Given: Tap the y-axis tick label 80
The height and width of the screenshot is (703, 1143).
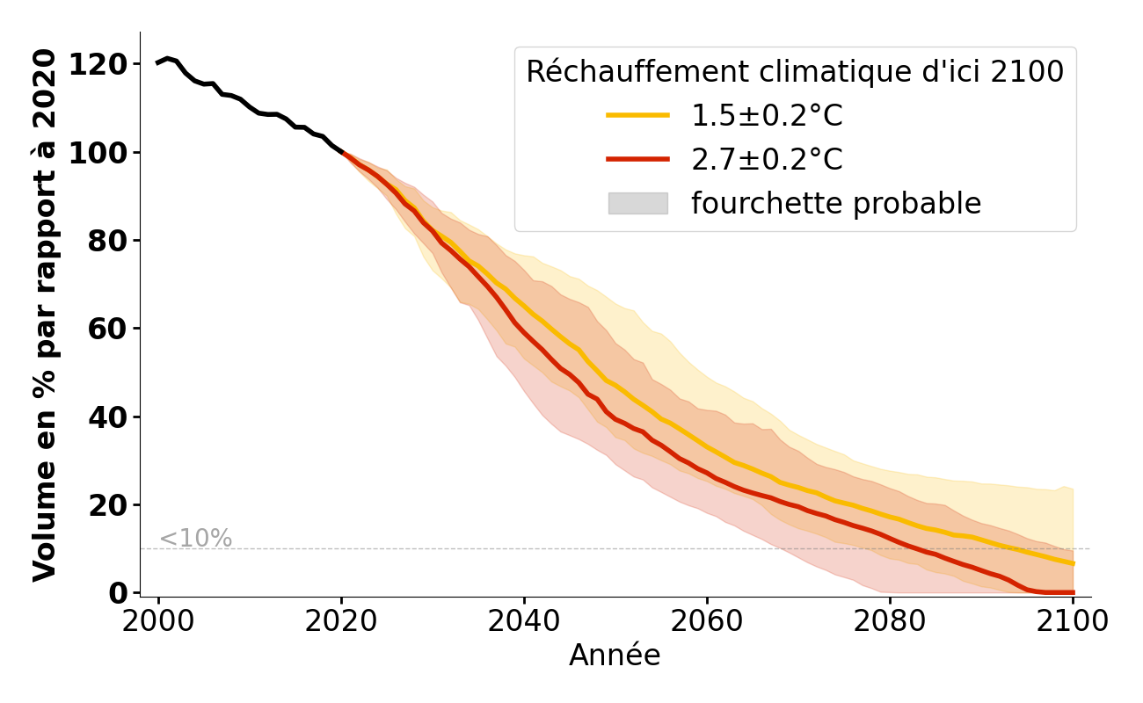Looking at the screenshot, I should (x=113, y=241).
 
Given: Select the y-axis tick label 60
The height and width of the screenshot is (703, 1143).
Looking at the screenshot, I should (x=113, y=329).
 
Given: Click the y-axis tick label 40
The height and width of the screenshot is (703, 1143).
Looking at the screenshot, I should (x=113, y=417).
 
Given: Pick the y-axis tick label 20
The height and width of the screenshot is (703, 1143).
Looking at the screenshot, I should (x=113, y=505).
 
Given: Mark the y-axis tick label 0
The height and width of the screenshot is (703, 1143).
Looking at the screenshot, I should (x=120, y=593).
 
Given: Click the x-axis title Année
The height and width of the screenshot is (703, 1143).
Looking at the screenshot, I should (x=615, y=656).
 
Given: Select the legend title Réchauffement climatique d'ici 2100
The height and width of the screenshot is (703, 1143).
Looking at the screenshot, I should (x=795, y=72).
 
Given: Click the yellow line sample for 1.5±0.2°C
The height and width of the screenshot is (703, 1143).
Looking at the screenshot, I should (x=637, y=115).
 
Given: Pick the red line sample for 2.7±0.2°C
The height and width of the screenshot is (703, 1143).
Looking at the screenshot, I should (x=637, y=159).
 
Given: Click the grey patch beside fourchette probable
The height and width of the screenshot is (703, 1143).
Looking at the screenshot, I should (x=637, y=203).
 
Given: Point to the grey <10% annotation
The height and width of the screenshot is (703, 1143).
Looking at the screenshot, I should (x=195, y=538).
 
